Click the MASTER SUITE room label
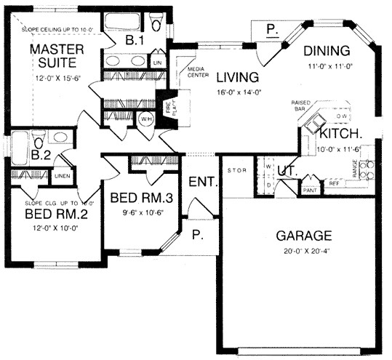click(57, 57)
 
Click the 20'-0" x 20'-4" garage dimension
click(304, 252)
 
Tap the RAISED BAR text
click(301, 108)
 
